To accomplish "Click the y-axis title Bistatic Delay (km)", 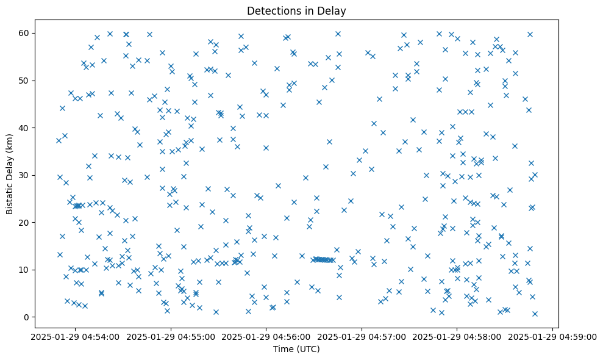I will (x=10, y=174).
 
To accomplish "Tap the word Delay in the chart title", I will (x=333, y=10).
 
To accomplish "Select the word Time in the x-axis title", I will (x=282, y=349).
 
